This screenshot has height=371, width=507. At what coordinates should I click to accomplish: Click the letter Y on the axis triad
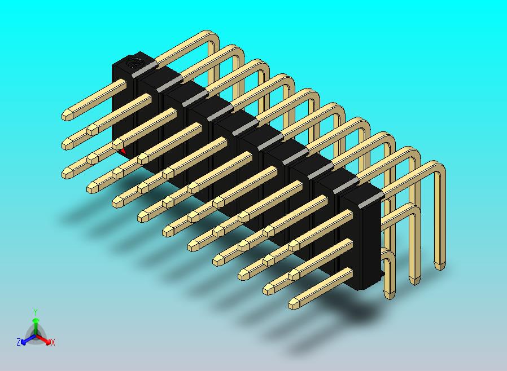(36, 312)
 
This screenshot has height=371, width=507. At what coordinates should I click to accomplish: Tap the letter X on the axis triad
(53, 342)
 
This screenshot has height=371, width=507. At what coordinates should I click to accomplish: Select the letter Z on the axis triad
(19, 342)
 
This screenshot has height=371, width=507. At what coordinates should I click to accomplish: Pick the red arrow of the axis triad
(43, 339)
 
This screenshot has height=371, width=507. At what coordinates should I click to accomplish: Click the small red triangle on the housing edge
(123, 151)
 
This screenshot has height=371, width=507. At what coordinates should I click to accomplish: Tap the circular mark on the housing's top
(134, 63)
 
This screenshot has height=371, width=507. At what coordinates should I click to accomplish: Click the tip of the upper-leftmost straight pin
(67, 115)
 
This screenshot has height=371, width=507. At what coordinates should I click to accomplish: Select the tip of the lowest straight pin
(293, 303)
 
